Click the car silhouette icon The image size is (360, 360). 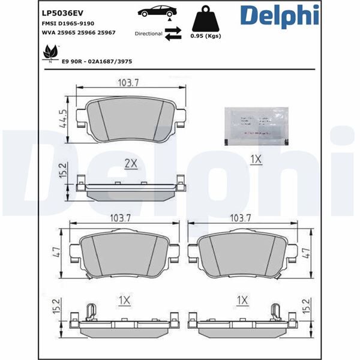click(x=157, y=12)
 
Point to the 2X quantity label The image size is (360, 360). click(x=131, y=163)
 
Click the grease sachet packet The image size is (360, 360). click(x=255, y=126)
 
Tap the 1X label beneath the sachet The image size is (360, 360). click(x=256, y=159)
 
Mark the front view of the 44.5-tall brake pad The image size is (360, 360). click(x=133, y=118)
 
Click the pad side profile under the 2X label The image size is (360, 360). click(x=131, y=188)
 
